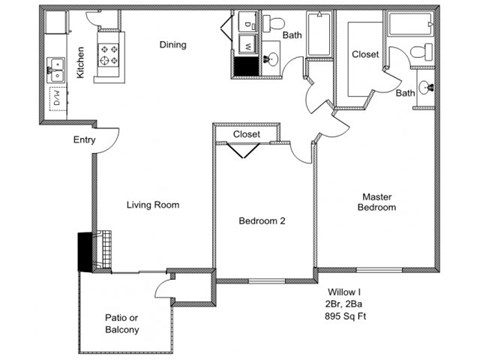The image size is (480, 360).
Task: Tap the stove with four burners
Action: coord(108,57)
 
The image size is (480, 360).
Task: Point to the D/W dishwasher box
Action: coord(56,97)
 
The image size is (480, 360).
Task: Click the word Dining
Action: coord(174,45)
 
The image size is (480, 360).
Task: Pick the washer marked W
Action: coord(247,45)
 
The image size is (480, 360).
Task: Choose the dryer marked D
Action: coord(247,21)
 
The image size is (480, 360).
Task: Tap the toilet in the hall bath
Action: coord(277,22)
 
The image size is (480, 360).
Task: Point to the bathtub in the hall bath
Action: coord(319,35)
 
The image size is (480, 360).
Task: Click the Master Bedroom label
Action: coord(379,202)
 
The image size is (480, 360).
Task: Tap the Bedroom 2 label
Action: coord(262,221)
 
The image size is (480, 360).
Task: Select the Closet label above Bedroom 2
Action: coord(246,133)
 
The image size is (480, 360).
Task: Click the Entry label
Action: coord(84,140)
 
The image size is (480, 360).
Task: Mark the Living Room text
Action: coord(152,205)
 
